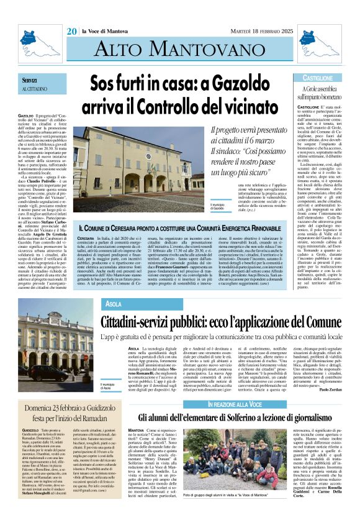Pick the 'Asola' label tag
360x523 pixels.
(114, 304)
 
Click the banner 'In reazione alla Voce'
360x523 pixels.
(232, 422)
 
